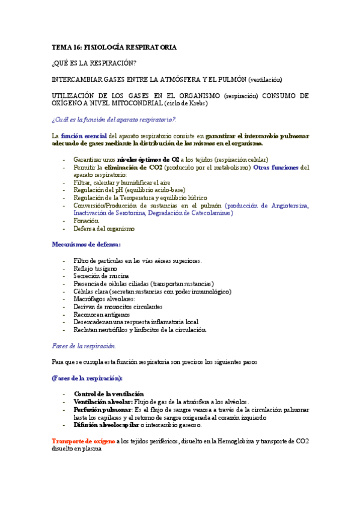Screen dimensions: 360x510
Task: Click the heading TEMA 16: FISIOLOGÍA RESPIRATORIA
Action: point(114,47)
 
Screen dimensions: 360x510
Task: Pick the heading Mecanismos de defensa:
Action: point(86,244)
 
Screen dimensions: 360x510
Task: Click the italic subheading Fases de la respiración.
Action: point(84,346)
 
